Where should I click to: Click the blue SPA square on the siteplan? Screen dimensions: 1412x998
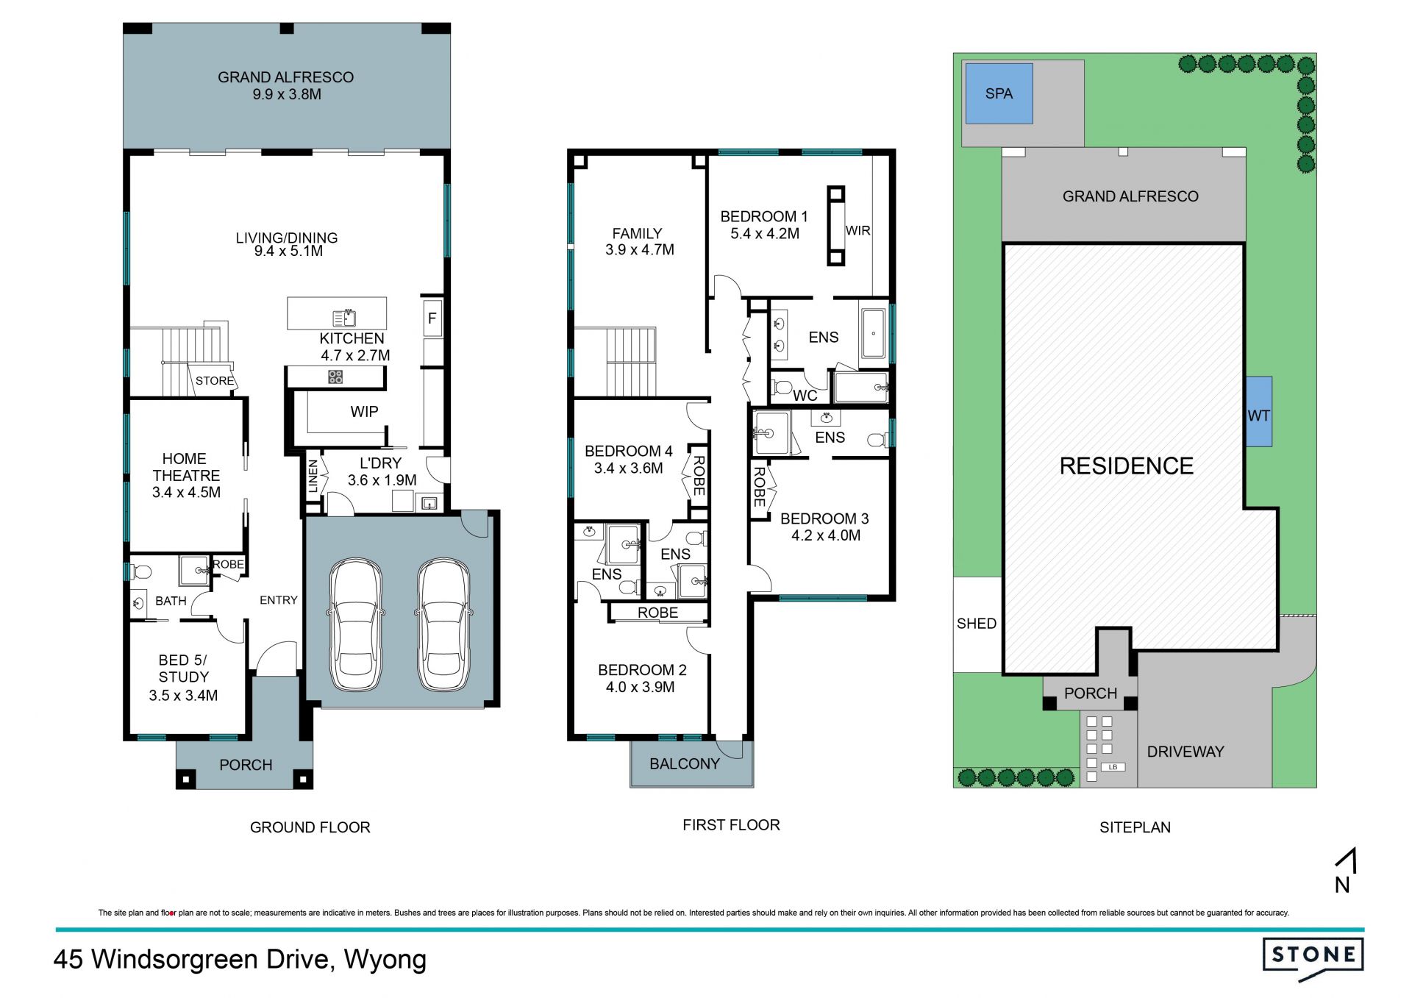click(x=999, y=93)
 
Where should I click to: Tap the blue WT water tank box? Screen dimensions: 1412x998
click(x=1259, y=412)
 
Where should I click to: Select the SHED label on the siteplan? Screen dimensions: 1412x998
click(x=977, y=624)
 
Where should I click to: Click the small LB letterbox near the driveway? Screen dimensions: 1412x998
click(x=1113, y=767)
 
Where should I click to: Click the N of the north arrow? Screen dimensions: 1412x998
click(x=1342, y=885)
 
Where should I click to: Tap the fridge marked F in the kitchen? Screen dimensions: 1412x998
click(x=432, y=318)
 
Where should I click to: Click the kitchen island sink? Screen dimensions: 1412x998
click(x=344, y=318)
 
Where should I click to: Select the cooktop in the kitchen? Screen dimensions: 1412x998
click(x=335, y=377)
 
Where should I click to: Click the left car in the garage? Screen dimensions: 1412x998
click(x=354, y=626)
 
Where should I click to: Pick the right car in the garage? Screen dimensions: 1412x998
click(x=443, y=626)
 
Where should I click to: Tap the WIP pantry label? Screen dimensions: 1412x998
click(x=364, y=412)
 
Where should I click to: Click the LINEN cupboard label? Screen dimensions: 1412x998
click(x=313, y=476)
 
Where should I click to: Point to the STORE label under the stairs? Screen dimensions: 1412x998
click(x=215, y=381)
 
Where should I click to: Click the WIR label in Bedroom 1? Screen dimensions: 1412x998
click(x=857, y=231)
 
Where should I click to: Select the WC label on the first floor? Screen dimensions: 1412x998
click(x=805, y=396)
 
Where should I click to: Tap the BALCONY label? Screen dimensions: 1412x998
click(x=685, y=764)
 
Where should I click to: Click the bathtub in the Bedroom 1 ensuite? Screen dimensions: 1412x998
click(x=874, y=333)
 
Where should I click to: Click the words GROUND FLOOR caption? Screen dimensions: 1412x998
click(x=310, y=827)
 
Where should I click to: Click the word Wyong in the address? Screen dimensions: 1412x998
click(x=385, y=960)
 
